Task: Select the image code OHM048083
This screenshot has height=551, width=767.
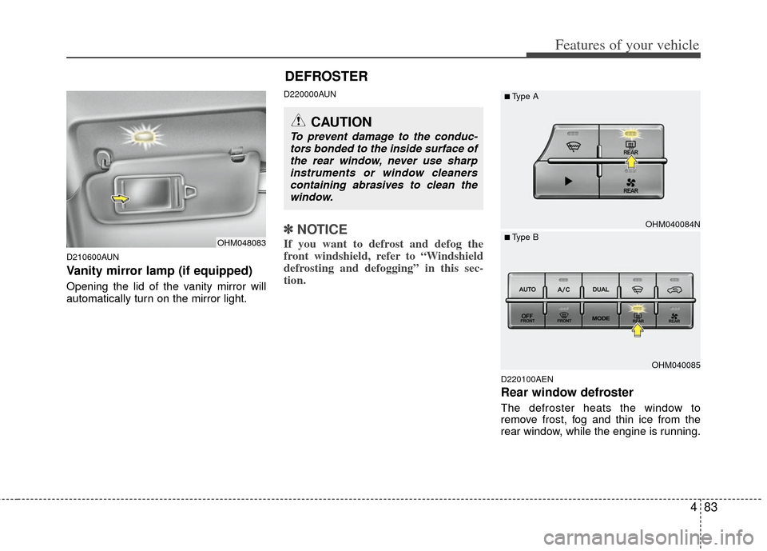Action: click(x=240, y=242)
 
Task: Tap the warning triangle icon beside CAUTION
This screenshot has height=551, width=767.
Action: click(x=300, y=122)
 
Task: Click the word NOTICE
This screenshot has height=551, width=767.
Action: click(x=322, y=230)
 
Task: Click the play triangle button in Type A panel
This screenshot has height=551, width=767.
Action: click(x=567, y=182)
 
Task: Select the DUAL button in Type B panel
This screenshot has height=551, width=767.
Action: click(x=601, y=290)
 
